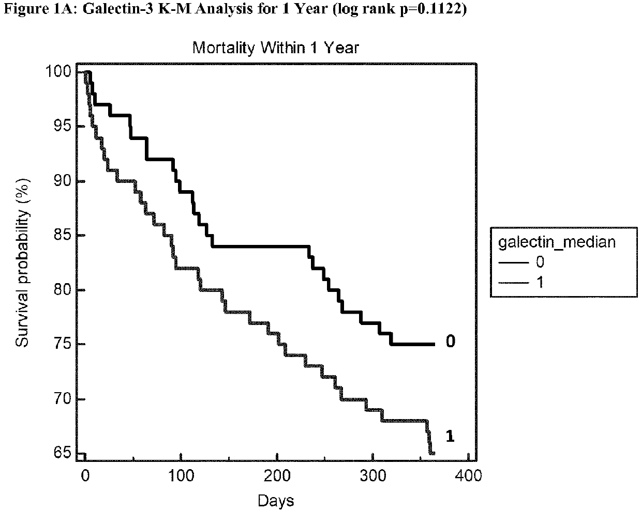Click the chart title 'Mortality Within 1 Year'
275,48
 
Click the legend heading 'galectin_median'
556,242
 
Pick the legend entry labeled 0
540,262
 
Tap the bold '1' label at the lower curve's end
450,437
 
